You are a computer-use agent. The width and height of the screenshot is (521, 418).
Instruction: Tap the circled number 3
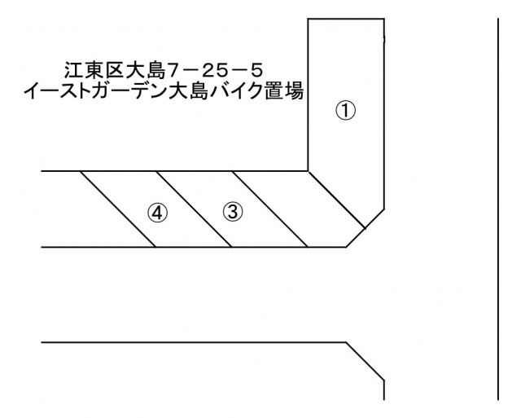(x=232, y=212)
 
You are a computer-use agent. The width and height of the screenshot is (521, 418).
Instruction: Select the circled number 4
(x=156, y=213)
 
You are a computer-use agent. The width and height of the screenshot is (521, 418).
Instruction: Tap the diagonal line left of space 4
(x=117, y=209)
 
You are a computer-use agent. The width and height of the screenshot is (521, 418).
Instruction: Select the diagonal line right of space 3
(x=269, y=209)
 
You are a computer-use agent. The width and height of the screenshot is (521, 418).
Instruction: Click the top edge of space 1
(x=345, y=19)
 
